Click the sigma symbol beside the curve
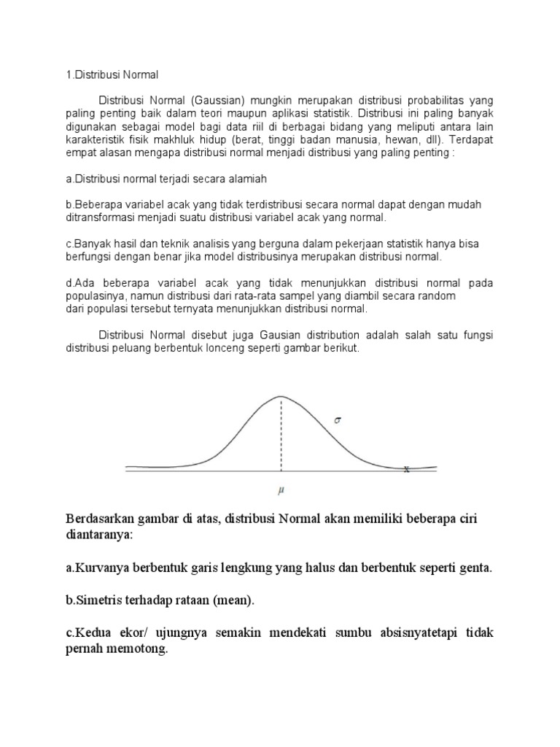point(337,420)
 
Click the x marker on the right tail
point(406,470)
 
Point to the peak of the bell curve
point(281,396)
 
